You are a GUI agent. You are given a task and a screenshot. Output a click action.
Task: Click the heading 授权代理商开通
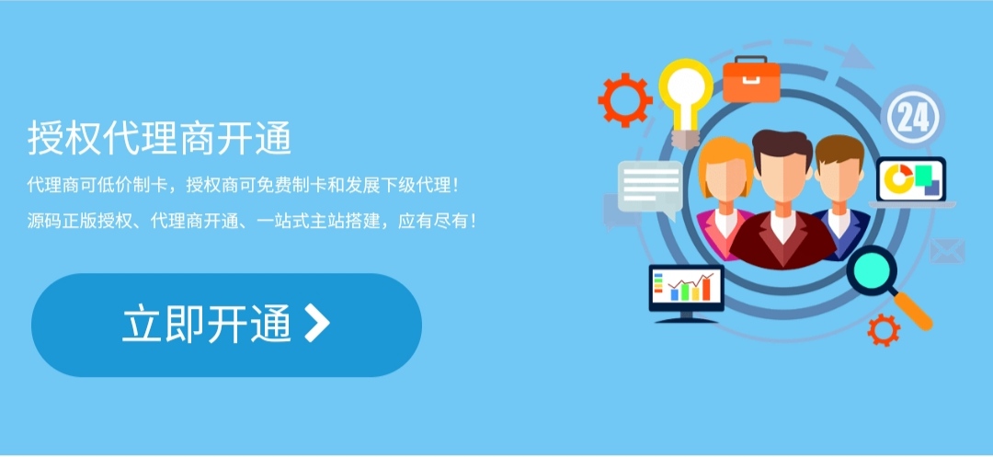159,139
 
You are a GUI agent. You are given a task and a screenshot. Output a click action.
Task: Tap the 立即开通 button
226,325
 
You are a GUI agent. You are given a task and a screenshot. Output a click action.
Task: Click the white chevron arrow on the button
316,324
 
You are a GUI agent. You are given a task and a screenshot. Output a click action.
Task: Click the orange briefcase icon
751,80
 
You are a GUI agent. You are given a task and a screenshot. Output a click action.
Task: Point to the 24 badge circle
913,118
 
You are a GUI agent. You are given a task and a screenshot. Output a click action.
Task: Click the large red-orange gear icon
625,99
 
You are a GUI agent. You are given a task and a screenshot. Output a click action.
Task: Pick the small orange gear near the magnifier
884,328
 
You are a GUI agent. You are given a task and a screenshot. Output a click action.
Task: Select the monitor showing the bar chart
686,289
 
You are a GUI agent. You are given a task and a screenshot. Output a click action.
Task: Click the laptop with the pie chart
911,181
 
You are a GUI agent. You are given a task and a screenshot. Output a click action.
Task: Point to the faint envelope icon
946,250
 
